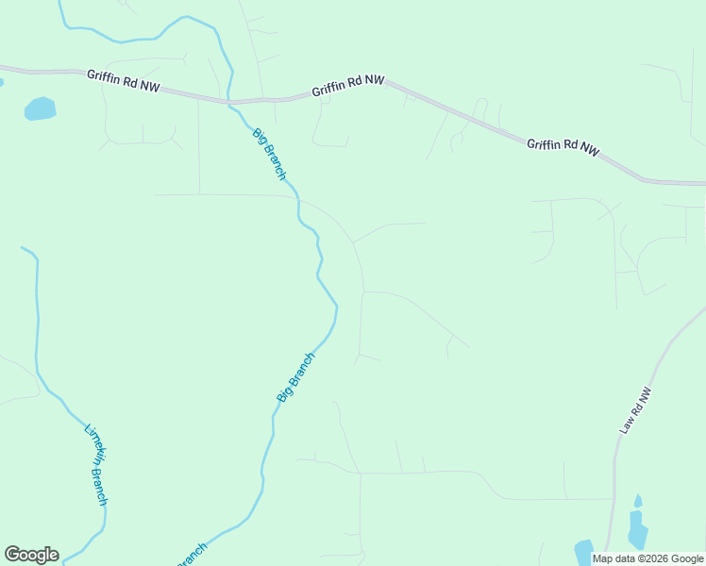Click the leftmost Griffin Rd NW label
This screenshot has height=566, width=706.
point(124,80)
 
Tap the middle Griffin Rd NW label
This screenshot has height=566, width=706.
point(348,86)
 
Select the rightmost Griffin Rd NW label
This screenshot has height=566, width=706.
point(563,146)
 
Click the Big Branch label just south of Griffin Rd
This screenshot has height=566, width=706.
point(269,154)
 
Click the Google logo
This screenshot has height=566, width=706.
point(31,555)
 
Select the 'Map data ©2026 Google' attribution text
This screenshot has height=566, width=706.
point(648,558)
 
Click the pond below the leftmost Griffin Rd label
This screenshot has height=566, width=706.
point(40,108)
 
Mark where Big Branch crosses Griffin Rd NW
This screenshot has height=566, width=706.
point(229,101)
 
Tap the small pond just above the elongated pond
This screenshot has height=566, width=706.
point(638,501)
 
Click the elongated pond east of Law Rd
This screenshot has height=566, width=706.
point(637,529)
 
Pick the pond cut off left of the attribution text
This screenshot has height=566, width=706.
point(583,553)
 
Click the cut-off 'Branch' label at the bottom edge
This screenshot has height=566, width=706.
point(192,555)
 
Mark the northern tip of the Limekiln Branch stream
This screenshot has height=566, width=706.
point(23,248)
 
